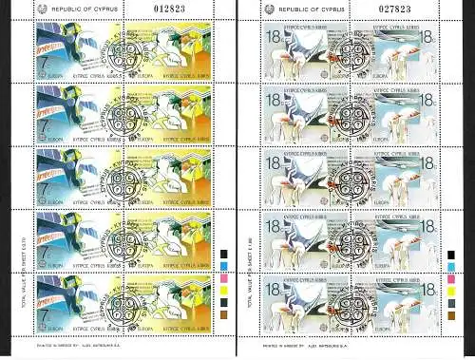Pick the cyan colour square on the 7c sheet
point(224,268)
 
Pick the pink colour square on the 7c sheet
point(224,281)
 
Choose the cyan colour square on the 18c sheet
point(450,268)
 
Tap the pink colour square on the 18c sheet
point(450,281)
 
